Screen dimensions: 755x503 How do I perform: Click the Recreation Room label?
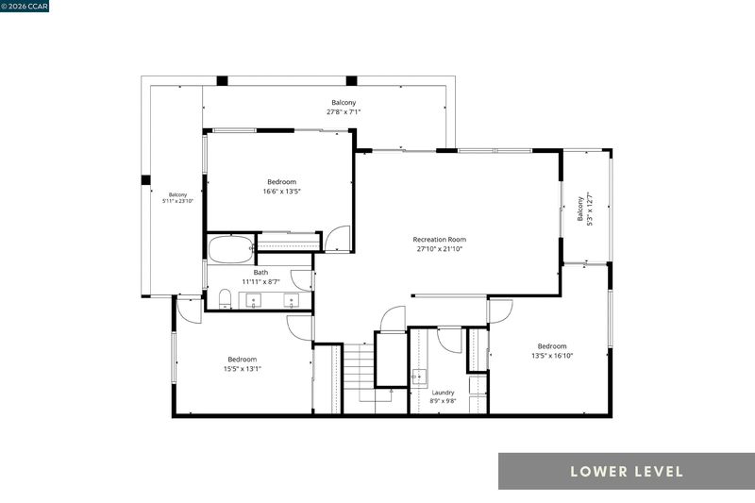pos(439,239)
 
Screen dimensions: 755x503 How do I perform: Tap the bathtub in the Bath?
pos(230,249)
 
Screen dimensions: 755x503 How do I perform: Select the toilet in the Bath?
pos(225,299)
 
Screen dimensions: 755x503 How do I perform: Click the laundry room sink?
pos(419,377)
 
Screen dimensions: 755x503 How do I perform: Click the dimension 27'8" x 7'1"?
pos(344,111)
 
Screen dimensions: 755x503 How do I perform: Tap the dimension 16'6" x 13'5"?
pos(281,191)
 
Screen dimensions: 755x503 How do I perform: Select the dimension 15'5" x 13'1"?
pos(243,369)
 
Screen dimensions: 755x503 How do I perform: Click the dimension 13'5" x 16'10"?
pos(552,356)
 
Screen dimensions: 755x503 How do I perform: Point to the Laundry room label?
pos(443,393)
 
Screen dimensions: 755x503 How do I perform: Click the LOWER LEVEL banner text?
pos(627,471)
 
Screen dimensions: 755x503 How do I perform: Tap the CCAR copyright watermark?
pos(25,6)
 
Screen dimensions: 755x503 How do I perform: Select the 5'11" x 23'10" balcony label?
pos(177,198)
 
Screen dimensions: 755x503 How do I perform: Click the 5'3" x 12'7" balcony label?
pos(584,209)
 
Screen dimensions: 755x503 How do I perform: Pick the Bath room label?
pos(260,273)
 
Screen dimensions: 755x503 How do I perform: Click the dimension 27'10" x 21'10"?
pos(439,249)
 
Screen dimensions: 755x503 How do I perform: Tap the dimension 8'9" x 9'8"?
pos(443,400)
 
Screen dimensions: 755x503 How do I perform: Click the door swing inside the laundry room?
pos(450,341)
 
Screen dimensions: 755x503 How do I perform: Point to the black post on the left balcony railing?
pos(145,180)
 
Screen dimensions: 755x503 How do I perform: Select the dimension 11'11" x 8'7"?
pos(260,281)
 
